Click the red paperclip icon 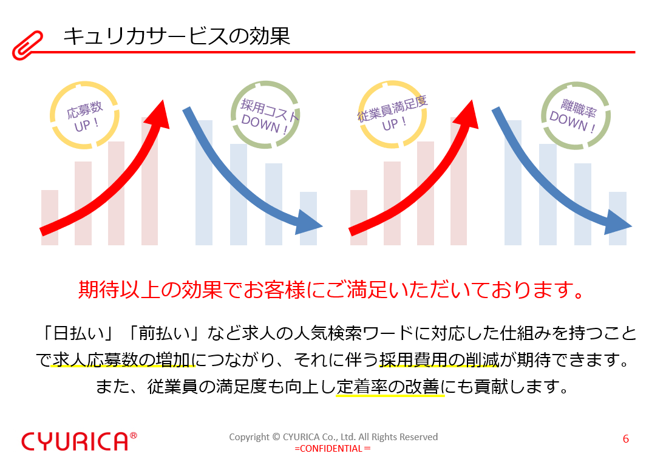click(27, 45)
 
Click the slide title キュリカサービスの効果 click(177, 36)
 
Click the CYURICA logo click(75, 441)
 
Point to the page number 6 click(626, 439)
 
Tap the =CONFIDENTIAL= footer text click(333, 449)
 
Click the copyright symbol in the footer click(276, 437)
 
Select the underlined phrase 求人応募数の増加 click(121, 360)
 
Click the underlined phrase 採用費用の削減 click(439, 360)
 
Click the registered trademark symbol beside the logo click(134, 436)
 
